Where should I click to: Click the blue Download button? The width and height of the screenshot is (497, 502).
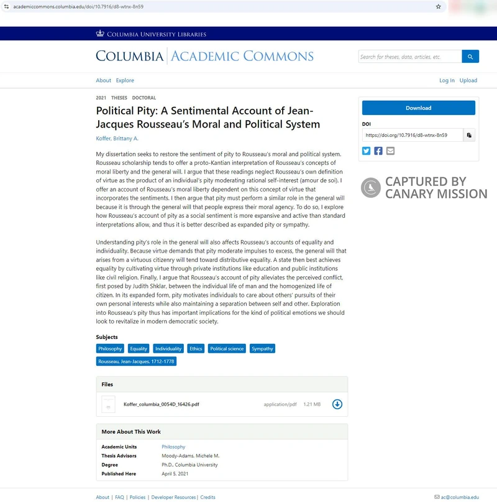click(x=418, y=108)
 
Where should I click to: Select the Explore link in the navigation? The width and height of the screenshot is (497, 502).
click(x=125, y=80)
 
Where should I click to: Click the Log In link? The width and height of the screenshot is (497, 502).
click(x=447, y=80)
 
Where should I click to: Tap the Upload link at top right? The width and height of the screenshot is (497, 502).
click(x=468, y=80)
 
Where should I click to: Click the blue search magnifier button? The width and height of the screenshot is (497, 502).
click(x=470, y=57)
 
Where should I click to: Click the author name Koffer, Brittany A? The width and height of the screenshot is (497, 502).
click(x=117, y=138)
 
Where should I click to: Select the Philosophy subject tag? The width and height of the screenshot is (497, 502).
click(x=110, y=349)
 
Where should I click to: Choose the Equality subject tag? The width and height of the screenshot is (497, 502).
click(x=139, y=349)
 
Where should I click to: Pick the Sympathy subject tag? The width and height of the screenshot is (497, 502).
click(x=262, y=349)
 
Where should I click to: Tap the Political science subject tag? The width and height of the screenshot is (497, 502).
click(x=227, y=349)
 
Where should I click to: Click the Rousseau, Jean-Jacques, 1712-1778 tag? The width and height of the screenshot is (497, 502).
click(x=136, y=361)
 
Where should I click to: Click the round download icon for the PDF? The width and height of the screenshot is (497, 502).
click(x=337, y=404)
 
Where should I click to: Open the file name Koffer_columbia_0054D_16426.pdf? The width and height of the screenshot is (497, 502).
click(x=162, y=404)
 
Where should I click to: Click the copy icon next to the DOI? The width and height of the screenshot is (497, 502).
click(x=470, y=135)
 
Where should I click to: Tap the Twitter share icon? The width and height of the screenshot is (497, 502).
click(x=367, y=151)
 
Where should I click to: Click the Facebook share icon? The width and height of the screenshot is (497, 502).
click(x=378, y=151)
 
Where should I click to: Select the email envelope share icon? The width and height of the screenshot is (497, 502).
click(x=390, y=151)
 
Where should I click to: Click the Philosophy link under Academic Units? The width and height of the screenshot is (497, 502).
click(x=173, y=447)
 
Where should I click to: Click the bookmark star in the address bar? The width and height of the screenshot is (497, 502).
click(x=439, y=6)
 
